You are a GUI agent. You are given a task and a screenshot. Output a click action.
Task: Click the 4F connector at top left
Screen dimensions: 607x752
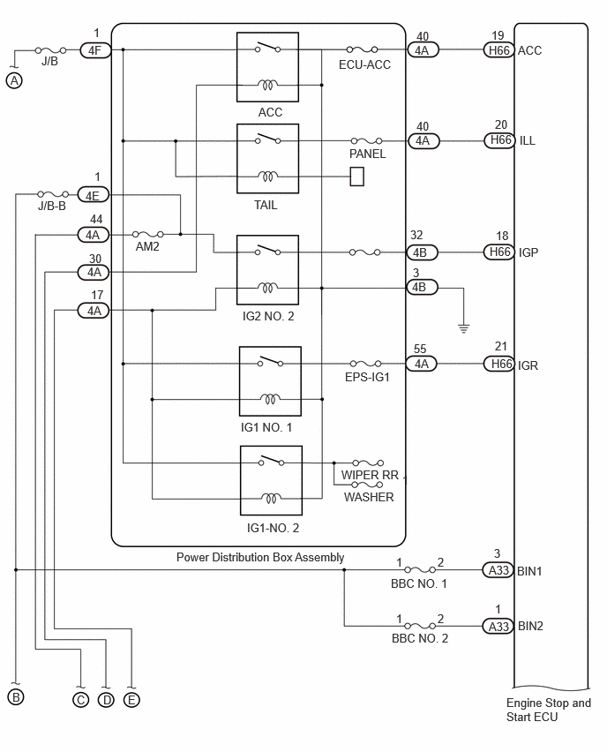pyautogui.click(x=95, y=50)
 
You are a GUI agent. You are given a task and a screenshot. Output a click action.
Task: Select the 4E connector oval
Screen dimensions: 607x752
pyautogui.click(x=94, y=195)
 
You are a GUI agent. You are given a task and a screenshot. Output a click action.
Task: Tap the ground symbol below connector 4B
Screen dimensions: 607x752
pyautogui.click(x=463, y=328)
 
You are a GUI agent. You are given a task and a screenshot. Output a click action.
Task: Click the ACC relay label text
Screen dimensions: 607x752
pyautogui.click(x=270, y=112)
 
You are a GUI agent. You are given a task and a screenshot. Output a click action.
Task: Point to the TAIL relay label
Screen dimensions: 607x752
pyautogui.click(x=266, y=206)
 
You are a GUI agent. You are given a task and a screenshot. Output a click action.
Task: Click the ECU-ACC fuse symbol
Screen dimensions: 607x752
pyautogui.click(x=362, y=49)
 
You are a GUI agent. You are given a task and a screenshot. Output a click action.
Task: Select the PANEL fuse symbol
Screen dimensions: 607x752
pyautogui.click(x=366, y=140)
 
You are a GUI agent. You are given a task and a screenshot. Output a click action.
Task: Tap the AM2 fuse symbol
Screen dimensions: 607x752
pyautogui.click(x=147, y=234)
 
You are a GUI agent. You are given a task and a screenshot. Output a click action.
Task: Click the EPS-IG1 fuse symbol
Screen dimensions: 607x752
pyautogui.click(x=365, y=364)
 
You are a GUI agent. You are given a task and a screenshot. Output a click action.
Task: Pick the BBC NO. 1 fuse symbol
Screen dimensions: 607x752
pyautogui.click(x=420, y=569)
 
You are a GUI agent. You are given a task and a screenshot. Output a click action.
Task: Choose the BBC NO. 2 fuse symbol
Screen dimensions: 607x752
pyautogui.click(x=420, y=626)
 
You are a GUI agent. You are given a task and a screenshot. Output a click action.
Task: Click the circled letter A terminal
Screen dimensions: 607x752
pyautogui.click(x=14, y=80)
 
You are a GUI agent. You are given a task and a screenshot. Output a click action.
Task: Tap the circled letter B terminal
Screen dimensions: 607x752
pyautogui.click(x=15, y=697)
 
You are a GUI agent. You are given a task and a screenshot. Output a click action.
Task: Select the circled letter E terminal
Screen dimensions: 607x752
pyautogui.click(x=131, y=700)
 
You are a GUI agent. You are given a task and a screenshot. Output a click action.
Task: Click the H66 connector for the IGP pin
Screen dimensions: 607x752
pyautogui.click(x=499, y=252)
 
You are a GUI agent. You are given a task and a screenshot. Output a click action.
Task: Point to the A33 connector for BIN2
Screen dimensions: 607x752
pyautogui.click(x=498, y=626)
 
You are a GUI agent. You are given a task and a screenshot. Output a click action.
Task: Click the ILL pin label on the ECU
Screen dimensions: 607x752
pyautogui.click(x=528, y=140)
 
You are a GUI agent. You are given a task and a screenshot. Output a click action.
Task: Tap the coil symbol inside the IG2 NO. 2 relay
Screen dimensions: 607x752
pyautogui.click(x=267, y=288)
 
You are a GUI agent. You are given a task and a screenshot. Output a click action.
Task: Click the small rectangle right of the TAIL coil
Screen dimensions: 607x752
pyautogui.click(x=356, y=177)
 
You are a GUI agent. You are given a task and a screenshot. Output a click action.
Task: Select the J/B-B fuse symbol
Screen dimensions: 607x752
pyautogui.click(x=53, y=194)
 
